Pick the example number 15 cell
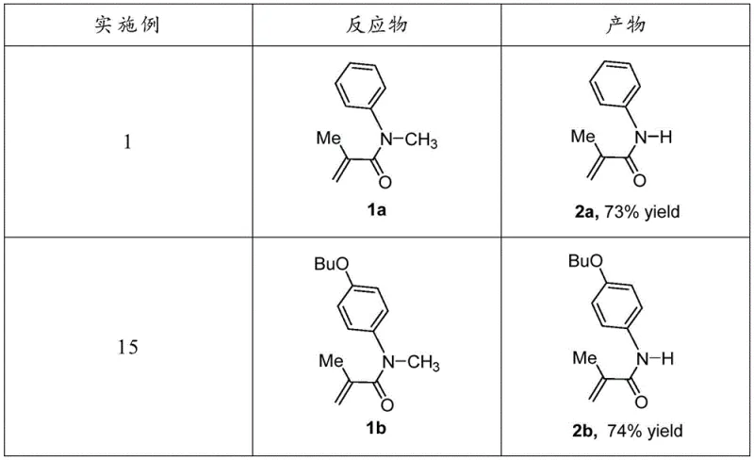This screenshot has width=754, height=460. [128, 348]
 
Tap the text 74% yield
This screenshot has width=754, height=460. [652, 433]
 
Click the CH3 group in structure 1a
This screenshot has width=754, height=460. [422, 142]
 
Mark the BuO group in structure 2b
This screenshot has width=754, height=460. [582, 258]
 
